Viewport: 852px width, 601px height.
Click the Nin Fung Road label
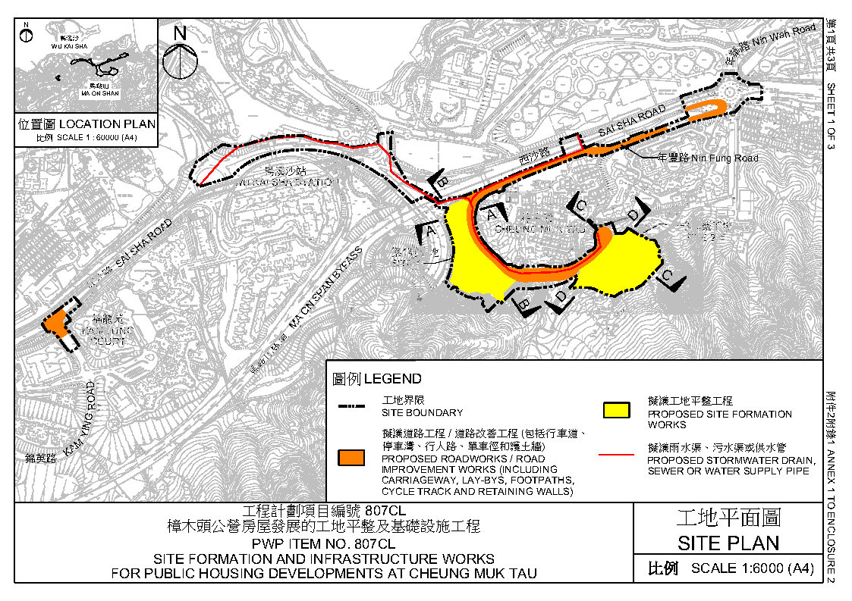[x=709, y=158]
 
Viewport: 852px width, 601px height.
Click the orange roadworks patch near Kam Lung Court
[x=55, y=322]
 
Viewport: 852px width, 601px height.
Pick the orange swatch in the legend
[x=352, y=457]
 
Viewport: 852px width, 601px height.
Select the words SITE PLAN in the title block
[x=728, y=543]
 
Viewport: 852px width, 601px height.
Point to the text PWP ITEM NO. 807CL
[x=324, y=543]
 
